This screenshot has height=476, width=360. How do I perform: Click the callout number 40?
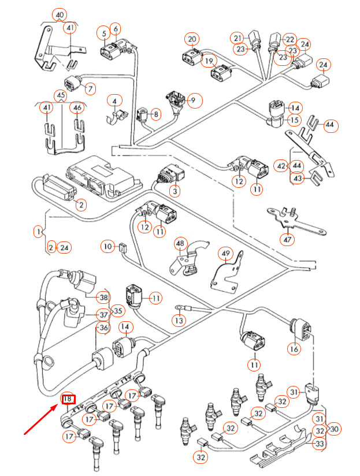click(59, 14)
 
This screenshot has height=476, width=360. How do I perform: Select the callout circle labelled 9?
click(193, 101)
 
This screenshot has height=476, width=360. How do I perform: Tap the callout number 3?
click(174, 190)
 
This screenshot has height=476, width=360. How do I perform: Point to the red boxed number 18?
click(68, 399)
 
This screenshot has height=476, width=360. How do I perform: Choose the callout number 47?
click(287, 239)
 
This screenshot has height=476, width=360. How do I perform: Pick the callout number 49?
click(225, 254)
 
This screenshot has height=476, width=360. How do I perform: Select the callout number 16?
click(294, 348)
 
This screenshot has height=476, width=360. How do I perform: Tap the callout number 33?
click(319, 444)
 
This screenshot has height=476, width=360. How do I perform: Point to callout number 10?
click(107, 247)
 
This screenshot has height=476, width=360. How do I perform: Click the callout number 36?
click(102, 328)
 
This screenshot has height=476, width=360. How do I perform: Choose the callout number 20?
click(192, 39)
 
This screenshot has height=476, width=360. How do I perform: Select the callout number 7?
click(90, 89)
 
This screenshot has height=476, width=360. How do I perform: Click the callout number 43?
click(298, 178)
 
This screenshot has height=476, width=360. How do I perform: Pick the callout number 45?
click(61, 95)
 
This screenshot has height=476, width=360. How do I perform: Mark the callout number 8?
click(155, 114)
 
